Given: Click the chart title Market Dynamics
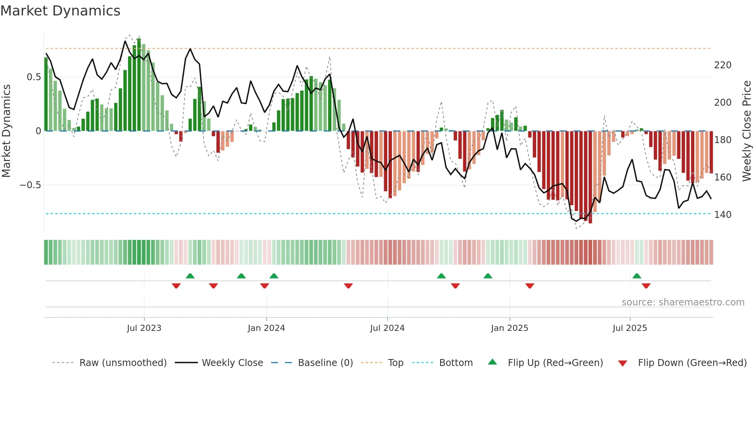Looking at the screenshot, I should coord(60,11).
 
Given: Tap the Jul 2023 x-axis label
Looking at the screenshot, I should coord(144,328).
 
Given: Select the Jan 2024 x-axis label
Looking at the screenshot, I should coord(266,328).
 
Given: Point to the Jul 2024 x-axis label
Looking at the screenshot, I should coord(387,328).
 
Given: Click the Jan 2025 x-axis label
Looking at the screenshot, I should coord(510,328).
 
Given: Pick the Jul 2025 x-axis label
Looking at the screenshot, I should coord(630,328).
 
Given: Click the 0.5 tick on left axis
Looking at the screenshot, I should coord(34,77).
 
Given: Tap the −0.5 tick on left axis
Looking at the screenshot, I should coord(30,185).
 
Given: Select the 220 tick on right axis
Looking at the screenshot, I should coord(722,65).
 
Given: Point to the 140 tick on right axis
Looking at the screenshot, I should coord(722,215).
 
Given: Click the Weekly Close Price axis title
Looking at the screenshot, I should coord(747,131).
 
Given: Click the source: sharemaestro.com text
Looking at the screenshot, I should coord(683,302).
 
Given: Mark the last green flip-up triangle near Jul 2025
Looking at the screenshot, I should coord(637,276).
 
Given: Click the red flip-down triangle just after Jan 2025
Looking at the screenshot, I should coord(530,286).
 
